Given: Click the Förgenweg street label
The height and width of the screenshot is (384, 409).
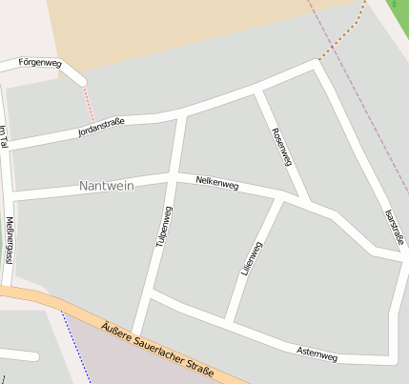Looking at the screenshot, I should pos(40,63).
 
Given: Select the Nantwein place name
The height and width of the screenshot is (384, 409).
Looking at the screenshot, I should pos(107,185).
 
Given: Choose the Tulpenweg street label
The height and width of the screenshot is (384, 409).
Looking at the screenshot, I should pos(164,227).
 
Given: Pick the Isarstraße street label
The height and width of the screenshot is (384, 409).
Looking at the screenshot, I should pos(394,227).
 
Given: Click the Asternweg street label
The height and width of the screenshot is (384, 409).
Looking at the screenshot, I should pos(317,354).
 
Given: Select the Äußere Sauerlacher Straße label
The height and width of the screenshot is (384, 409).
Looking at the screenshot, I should pos(157,347).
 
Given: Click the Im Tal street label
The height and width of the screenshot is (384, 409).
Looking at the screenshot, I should pos(4,136).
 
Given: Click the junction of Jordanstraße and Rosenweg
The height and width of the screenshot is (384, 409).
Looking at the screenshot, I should pos(257,91).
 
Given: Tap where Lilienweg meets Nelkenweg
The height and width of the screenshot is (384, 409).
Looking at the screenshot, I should pos(280,200).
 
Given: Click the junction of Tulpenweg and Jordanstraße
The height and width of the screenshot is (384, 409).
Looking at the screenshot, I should pos(182,115).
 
